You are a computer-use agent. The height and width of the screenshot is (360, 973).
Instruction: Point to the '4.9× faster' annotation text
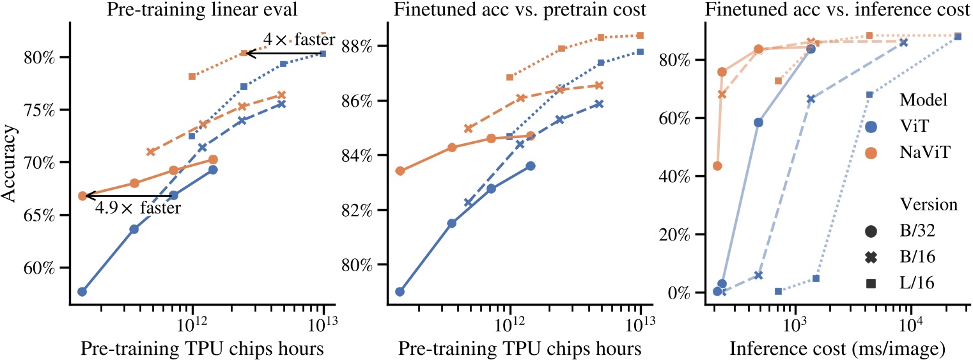click(137, 208)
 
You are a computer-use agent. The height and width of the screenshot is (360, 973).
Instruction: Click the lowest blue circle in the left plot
click(82, 292)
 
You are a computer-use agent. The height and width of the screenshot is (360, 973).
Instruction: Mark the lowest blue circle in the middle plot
click(400, 292)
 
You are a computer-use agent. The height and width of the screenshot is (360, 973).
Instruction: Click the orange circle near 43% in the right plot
click(717, 166)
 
